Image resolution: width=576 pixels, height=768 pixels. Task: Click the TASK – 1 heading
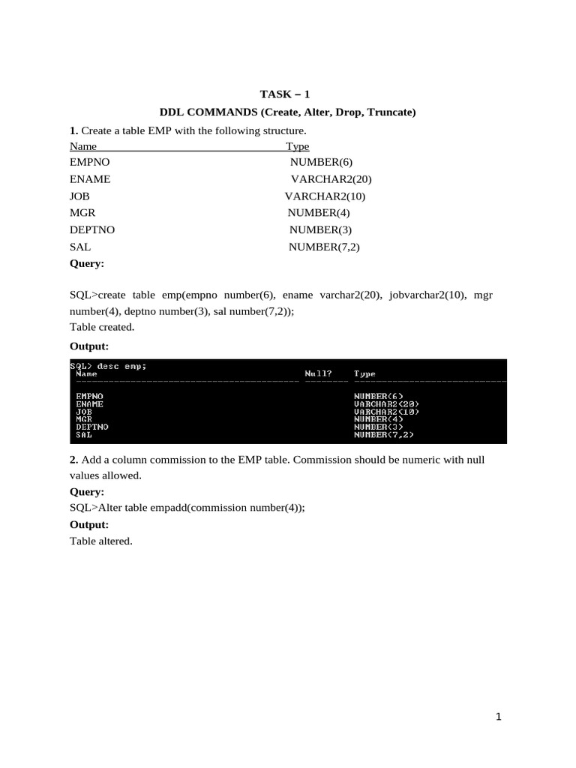284,94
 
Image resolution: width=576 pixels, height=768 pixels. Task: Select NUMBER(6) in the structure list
320,162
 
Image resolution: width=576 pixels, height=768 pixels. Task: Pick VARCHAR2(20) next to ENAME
331,179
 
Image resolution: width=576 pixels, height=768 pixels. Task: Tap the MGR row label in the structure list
82,213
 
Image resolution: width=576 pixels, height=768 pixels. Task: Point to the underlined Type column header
298,146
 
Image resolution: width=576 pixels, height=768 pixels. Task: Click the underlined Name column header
82,146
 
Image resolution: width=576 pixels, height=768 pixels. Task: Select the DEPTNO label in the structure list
92,230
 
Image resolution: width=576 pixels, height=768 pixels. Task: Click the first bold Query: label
87,264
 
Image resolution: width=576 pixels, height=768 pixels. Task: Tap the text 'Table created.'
101,327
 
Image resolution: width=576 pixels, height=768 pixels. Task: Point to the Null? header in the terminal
318,373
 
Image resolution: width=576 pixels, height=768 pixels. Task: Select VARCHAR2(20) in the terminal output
386,403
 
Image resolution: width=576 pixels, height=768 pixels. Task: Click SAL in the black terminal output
84,434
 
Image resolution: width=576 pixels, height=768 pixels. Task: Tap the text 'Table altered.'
101,541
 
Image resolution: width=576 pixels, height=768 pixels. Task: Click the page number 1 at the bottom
498,718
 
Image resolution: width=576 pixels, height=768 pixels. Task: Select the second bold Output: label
89,524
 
